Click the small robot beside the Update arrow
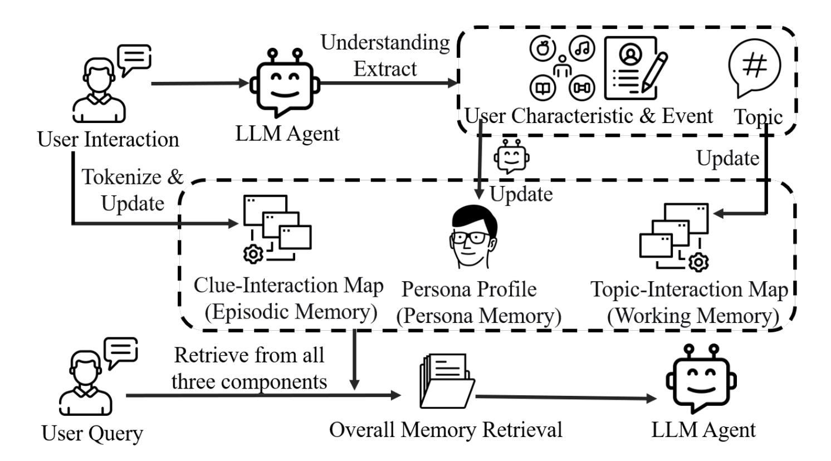(511, 157)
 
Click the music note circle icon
(582, 48)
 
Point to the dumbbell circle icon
(582, 87)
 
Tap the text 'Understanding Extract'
(385, 56)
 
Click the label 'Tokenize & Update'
(133, 190)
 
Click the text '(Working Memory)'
(692, 316)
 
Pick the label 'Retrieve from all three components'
(248, 368)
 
